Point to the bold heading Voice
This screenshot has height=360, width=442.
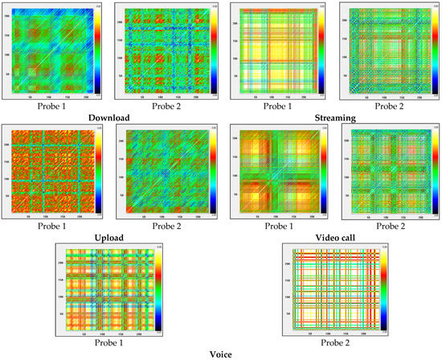pyautogui.click(x=221, y=354)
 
